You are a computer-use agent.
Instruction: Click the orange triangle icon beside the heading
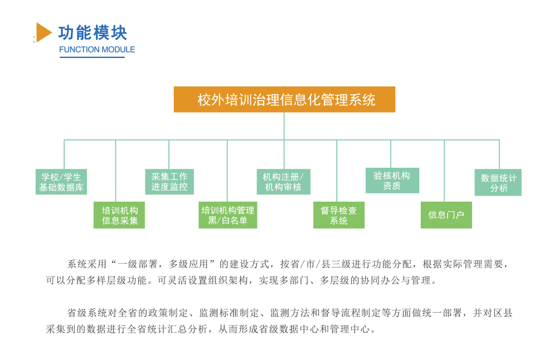click(x=43, y=32)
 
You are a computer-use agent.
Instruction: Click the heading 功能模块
click(x=93, y=33)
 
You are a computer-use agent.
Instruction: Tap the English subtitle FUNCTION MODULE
click(x=97, y=50)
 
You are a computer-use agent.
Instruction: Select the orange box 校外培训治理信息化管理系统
click(x=284, y=100)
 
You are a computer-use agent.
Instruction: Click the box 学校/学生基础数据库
click(x=61, y=182)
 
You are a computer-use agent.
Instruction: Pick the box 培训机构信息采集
click(x=119, y=215)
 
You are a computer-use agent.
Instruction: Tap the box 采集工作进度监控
click(x=169, y=182)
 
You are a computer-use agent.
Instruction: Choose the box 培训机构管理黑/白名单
click(x=228, y=215)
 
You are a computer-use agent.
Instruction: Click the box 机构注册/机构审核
click(x=284, y=182)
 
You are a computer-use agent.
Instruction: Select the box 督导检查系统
click(x=339, y=215)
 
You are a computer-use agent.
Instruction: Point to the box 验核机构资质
click(x=392, y=181)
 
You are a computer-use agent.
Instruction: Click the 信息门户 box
click(x=447, y=215)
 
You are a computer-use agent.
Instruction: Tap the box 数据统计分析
click(x=498, y=182)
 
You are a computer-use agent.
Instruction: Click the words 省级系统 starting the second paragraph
click(x=87, y=313)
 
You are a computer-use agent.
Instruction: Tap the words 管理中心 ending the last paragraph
click(x=350, y=329)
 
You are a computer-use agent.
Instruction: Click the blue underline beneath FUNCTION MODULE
click(x=92, y=57)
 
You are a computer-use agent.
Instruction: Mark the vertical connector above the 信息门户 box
click(x=444, y=171)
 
